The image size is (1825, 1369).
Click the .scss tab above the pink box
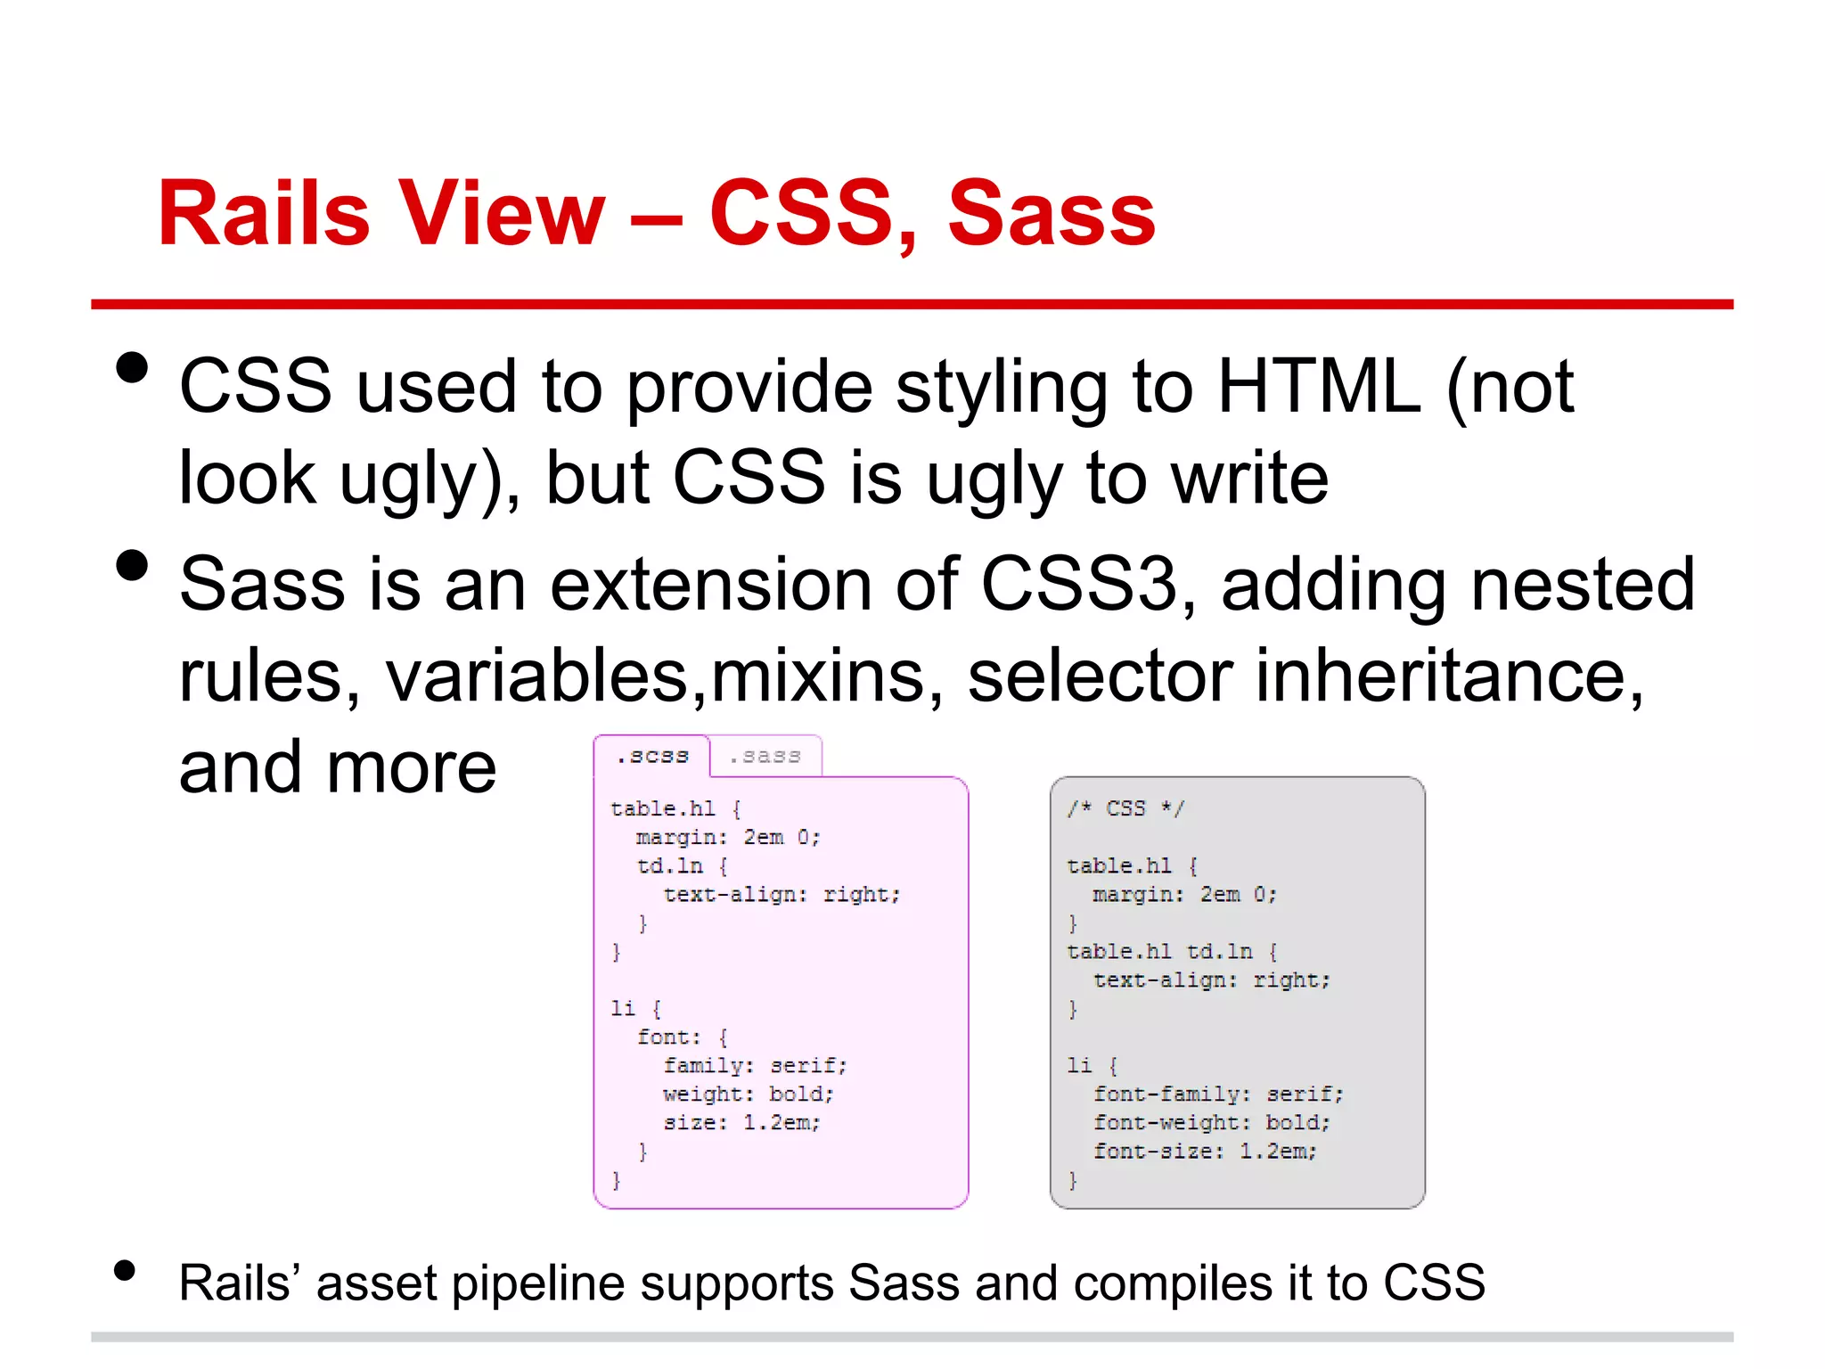652,757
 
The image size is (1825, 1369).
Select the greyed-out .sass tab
765,757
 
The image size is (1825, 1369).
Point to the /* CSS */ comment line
1125,808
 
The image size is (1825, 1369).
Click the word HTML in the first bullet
1318,387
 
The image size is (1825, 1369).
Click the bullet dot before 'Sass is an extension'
132,565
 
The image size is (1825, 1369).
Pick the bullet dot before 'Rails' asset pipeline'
125,1271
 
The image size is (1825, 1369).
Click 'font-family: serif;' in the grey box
1217,1094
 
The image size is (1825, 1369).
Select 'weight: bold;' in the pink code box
748,1094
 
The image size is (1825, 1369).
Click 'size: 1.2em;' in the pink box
741,1122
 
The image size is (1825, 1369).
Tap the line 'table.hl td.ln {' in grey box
1172,951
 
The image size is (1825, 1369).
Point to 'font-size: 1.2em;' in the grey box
1204,1151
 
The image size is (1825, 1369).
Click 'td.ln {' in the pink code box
682,865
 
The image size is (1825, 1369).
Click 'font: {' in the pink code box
682,1037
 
